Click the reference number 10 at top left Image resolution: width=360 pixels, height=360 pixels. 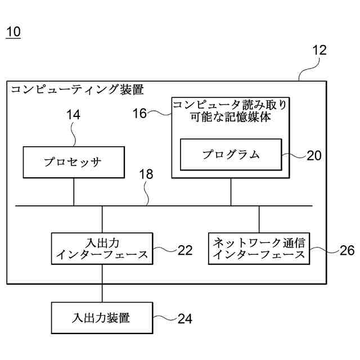13,32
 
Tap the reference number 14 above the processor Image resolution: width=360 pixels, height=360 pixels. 74,115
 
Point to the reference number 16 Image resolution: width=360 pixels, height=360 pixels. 139,114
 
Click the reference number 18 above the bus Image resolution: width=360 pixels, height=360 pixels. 146,174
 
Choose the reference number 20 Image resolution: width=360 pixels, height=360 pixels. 314,156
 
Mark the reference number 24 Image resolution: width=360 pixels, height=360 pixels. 185,319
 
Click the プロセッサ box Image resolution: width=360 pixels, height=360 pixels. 74,163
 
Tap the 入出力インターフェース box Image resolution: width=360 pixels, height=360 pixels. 102,249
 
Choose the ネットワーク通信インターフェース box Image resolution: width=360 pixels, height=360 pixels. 259,249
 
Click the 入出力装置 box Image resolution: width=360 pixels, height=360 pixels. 102,318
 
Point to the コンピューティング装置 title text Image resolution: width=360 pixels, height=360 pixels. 77,89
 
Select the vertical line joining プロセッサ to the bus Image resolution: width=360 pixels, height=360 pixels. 74,192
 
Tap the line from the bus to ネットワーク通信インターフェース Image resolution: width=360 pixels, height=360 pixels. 259,219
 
